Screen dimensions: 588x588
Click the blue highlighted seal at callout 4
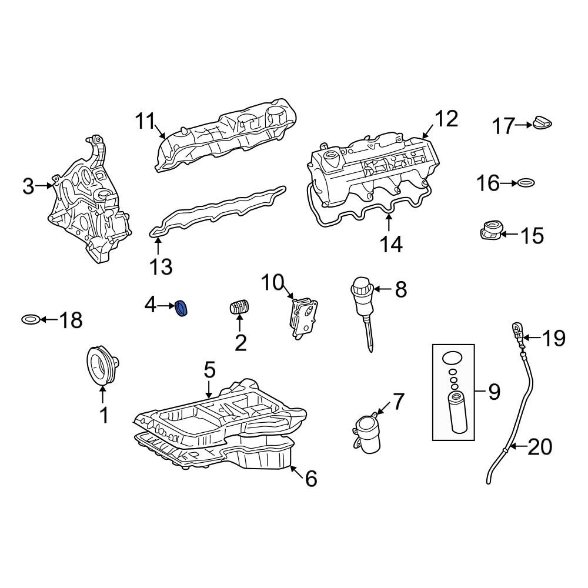(182, 308)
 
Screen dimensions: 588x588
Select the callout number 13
(161, 267)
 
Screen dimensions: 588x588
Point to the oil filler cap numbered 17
(542, 123)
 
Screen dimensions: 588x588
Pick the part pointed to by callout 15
(491, 230)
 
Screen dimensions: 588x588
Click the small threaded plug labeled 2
(240, 307)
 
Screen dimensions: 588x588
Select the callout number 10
(272, 283)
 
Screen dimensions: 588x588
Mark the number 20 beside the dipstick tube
(540, 447)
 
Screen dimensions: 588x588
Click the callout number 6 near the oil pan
(311, 479)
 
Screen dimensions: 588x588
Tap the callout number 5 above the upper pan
(210, 370)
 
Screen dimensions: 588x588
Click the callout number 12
(446, 119)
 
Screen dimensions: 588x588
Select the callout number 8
(401, 289)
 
